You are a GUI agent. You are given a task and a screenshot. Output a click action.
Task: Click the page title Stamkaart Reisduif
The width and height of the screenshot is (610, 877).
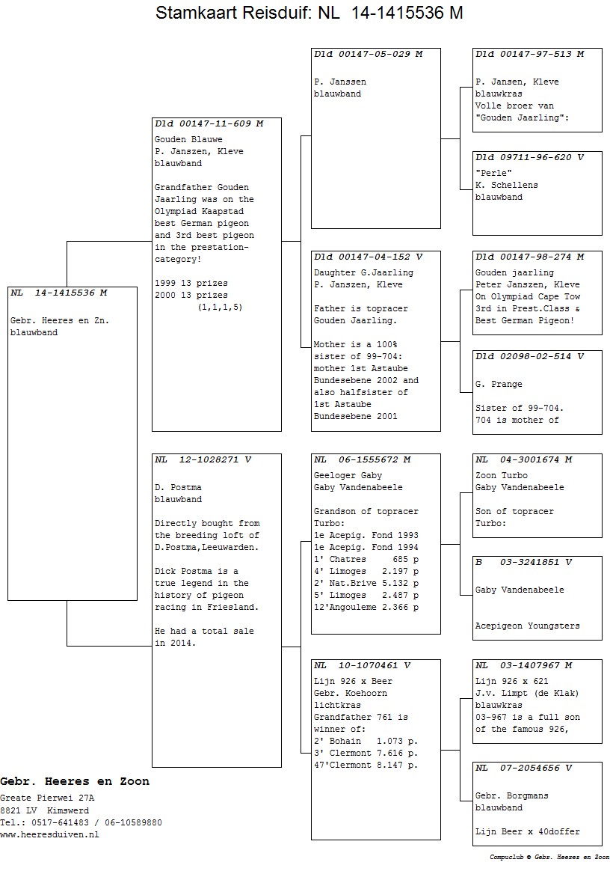click(309, 13)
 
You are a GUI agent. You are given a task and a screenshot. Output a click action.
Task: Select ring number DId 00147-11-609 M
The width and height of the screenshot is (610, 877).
click(209, 124)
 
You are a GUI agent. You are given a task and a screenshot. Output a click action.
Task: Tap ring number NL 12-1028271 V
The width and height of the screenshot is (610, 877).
click(203, 459)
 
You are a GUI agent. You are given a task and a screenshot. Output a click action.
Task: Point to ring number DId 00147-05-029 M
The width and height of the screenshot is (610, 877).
click(368, 54)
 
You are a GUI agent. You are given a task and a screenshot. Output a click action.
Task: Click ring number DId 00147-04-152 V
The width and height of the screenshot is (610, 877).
click(368, 257)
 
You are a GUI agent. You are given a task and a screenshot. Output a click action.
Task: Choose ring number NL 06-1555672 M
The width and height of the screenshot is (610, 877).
click(362, 459)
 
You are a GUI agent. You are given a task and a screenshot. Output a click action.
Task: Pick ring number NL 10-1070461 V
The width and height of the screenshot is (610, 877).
click(362, 665)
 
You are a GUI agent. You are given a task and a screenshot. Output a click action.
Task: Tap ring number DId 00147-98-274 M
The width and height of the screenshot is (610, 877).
click(529, 257)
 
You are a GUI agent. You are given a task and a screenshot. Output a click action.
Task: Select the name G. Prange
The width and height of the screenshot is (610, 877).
click(499, 385)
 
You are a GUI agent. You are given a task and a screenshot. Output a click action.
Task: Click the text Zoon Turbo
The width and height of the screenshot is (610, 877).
click(501, 475)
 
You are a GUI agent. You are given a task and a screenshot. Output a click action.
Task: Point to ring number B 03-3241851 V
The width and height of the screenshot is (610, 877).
click(523, 562)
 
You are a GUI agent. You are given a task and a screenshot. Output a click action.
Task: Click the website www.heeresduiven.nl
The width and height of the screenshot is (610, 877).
click(49, 834)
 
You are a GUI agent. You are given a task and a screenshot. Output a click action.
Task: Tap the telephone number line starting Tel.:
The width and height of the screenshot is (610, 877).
click(81, 822)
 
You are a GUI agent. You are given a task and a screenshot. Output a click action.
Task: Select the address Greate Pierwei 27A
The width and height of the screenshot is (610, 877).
click(47, 798)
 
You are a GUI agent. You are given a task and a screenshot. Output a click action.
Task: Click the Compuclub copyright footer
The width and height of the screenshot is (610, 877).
click(549, 857)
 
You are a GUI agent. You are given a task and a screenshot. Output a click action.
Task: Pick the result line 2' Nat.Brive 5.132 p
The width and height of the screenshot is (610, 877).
click(366, 583)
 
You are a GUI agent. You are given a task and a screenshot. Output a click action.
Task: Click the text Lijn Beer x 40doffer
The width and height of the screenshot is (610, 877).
click(527, 831)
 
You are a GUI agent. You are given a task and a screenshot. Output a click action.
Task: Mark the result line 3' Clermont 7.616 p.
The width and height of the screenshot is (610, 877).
click(366, 753)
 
